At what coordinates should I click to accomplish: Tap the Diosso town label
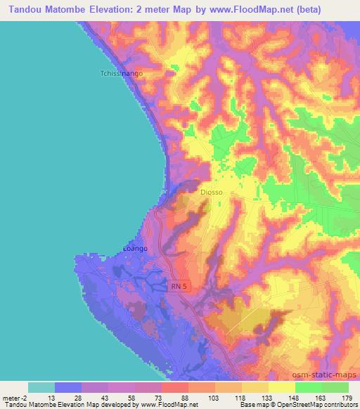click(211, 190)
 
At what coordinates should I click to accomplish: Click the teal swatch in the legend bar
click(41, 387)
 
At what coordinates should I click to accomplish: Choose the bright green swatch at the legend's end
click(335, 387)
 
